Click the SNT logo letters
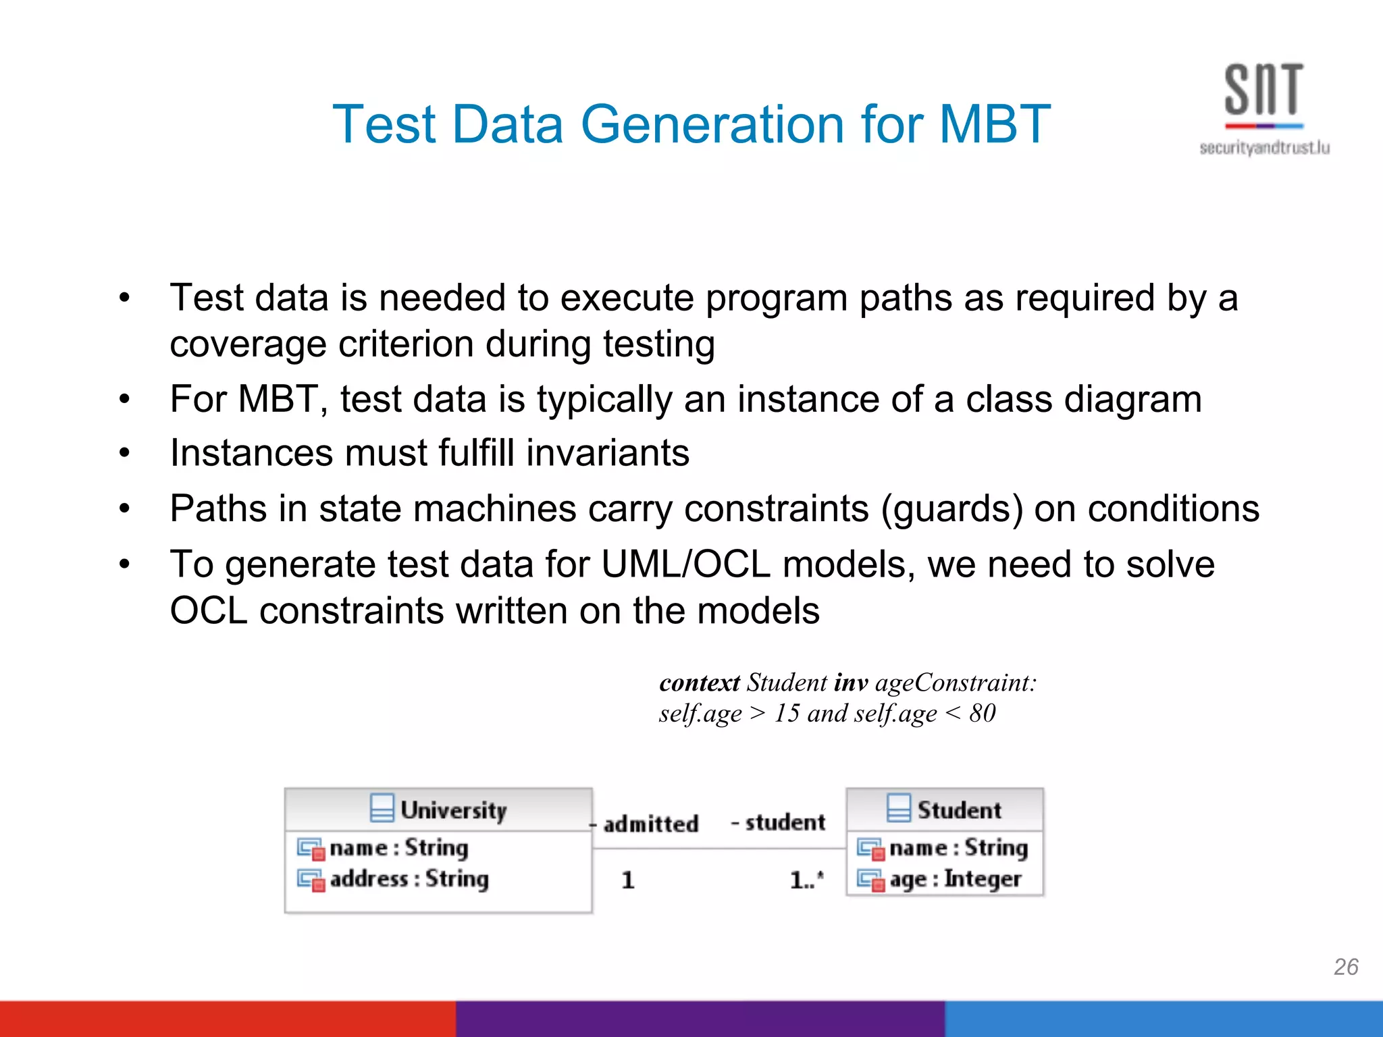point(1263,90)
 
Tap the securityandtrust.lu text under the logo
point(1264,148)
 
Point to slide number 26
point(1346,967)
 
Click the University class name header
point(452,809)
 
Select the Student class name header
point(958,809)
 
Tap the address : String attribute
point(409,879)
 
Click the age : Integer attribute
point(955,879)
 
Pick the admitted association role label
point(650,824)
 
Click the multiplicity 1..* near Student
point(806,880)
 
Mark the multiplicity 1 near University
point(627,880)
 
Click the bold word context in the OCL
point(699,683)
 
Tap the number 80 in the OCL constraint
point(982,713)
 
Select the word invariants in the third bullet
point(608,452)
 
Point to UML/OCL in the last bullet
point(685,564)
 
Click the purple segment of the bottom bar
point(700,1019)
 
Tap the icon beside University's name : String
point(311,849)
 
